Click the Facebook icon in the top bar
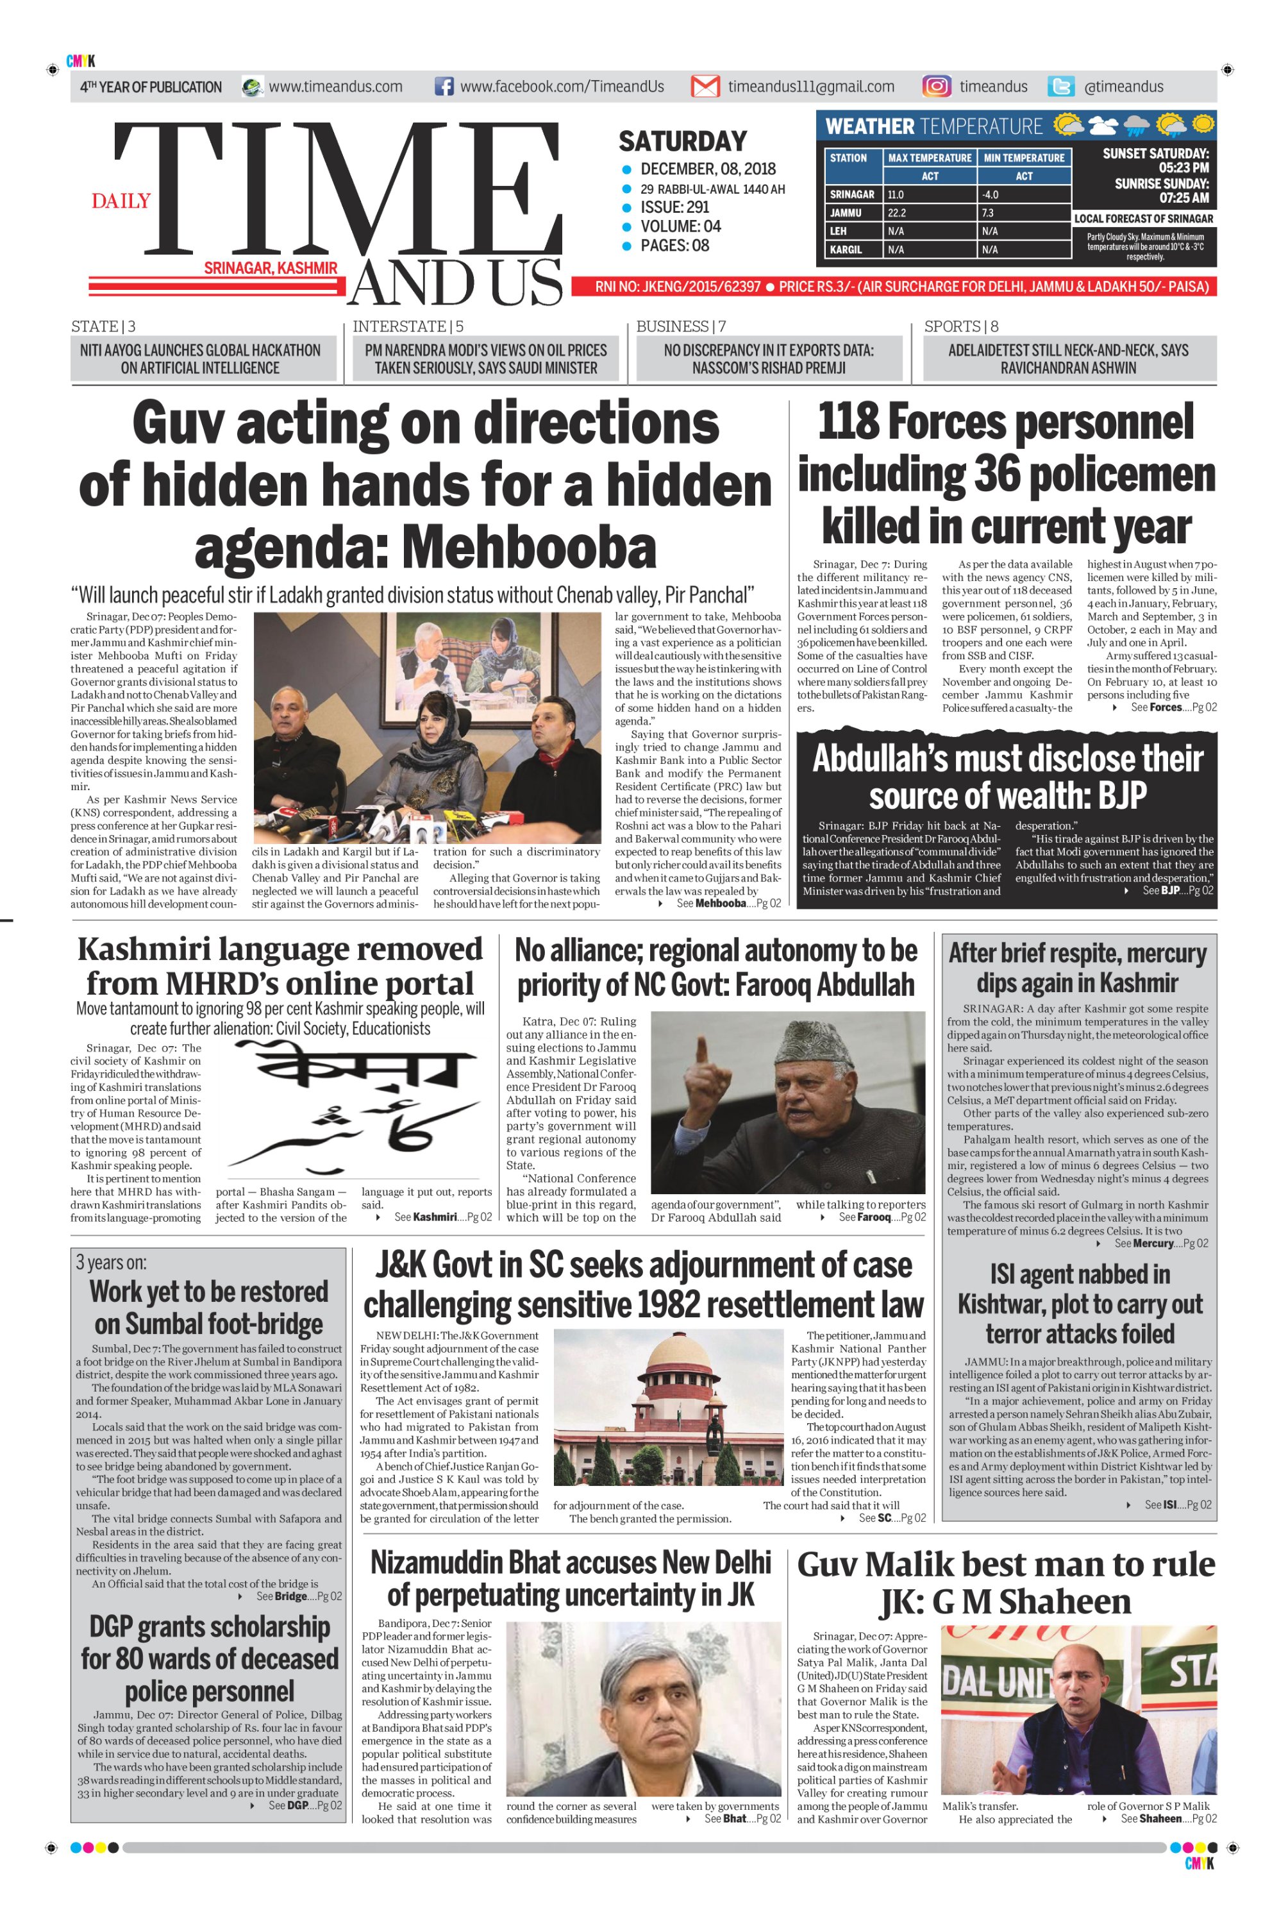point(444,87)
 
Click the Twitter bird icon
point(1061,87)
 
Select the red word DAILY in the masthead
point(121,201)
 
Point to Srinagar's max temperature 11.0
point(896,195)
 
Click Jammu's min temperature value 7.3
point(987,213)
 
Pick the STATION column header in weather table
point(849,158)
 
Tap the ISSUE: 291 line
point(674,207)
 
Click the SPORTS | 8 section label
point(961,326)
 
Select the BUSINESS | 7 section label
point(680,326)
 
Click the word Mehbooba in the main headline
point(529,548)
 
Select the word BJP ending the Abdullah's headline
point(1119,795)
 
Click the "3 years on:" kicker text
point(111,1262)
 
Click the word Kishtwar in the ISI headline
point(1010,1304)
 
